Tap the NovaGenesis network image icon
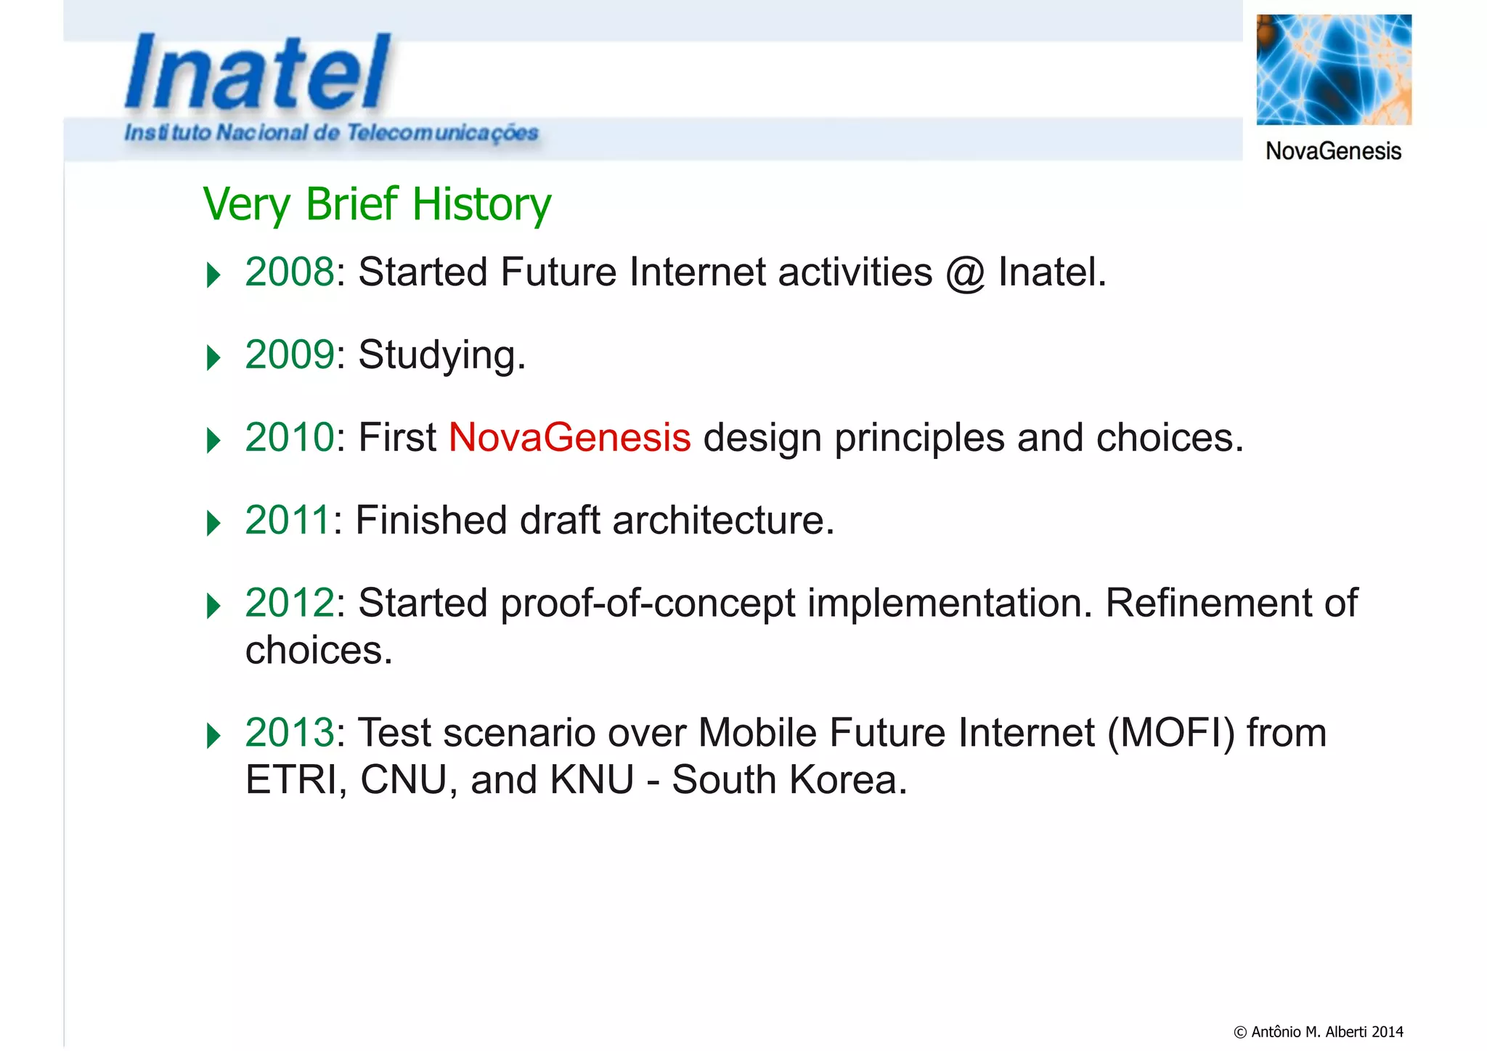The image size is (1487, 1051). pos(1334,70)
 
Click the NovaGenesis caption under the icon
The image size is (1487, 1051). pos(1333,151)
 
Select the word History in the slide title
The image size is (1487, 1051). pos(481,204)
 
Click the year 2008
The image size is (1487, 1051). pos(290,272)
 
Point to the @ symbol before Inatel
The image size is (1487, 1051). pos(965,274)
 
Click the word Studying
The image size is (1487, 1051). pos(441,355)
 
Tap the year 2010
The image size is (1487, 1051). pos(290,438)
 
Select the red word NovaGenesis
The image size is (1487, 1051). pos(569,438)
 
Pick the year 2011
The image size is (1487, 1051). pos(288,521)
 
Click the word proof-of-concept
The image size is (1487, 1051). pos(648,604)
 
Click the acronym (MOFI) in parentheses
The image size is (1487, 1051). pos(1170,733)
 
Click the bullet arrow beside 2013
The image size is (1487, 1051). pos(213,736)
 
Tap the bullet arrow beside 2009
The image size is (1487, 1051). pos(213,358)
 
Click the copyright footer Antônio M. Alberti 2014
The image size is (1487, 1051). pos(1319,1031)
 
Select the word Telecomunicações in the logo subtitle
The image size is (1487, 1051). pos(442,133)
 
